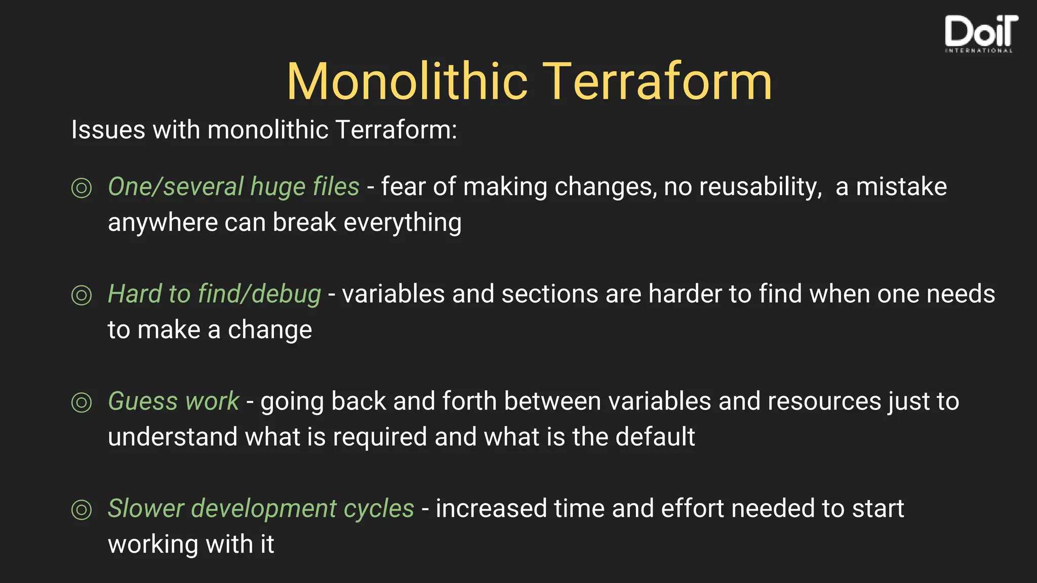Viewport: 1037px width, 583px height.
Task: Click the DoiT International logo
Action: tap(980, 33)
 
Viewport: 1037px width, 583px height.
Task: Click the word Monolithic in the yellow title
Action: tap(408, 82)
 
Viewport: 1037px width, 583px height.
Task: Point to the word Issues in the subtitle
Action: tap(108, 130)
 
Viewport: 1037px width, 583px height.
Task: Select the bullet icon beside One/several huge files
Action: tap(82, 188)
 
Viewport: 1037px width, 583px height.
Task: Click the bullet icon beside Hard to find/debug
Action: tap(82, 295)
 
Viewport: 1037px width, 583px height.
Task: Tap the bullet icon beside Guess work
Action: tap(82, 402)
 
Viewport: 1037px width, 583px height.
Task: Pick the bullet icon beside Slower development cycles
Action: tap(82, 510)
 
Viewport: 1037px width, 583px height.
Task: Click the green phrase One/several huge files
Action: tap(233, 187)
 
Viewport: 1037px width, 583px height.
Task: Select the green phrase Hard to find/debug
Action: tap(214, 294)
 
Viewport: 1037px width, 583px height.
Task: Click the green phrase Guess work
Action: tap(173, 401)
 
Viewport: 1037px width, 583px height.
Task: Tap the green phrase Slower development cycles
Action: tap(261, 509)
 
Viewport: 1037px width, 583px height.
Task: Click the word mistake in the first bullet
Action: tap(901, 187)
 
